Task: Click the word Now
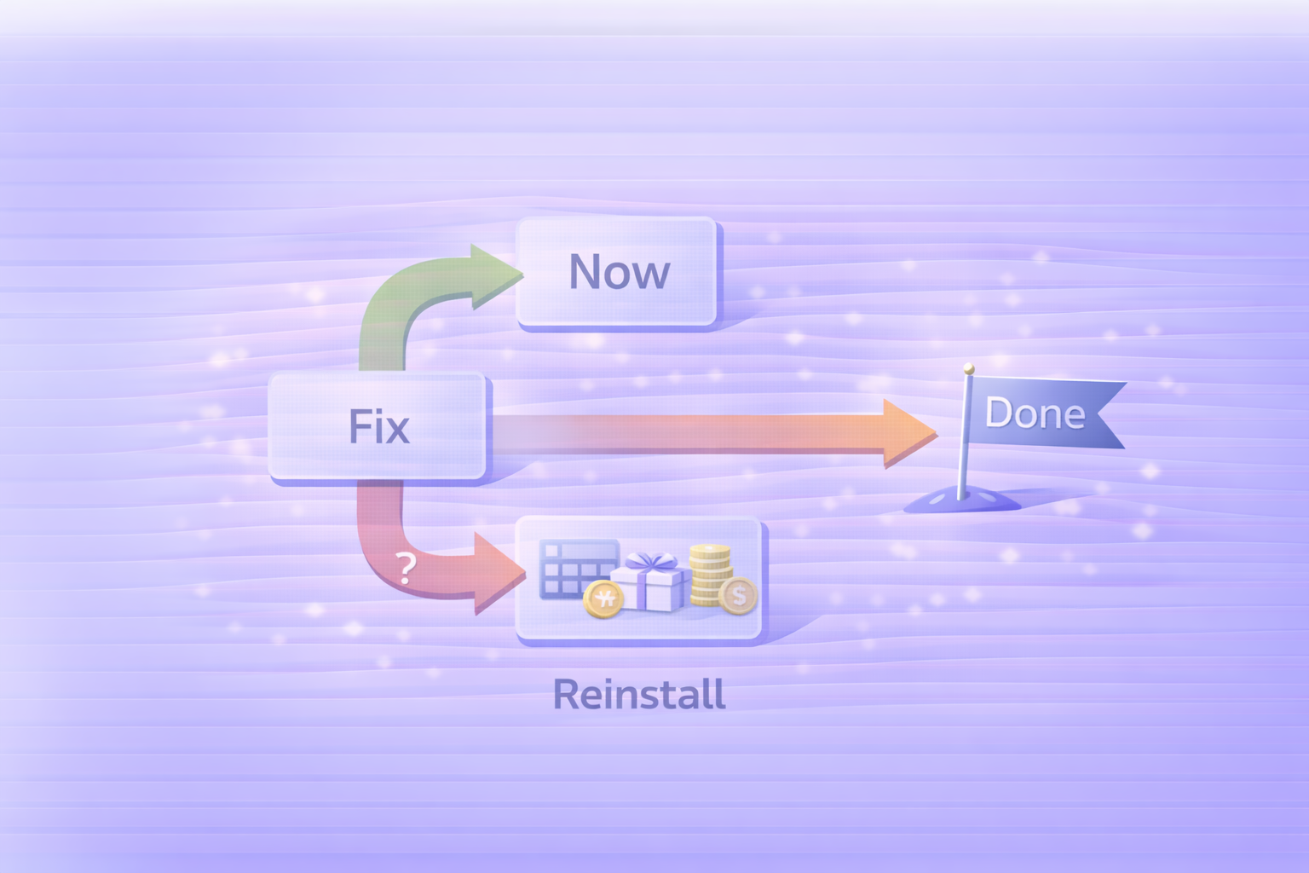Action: coord(620,272)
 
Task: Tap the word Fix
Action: coord(379,426)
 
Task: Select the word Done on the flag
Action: coord(1035,413)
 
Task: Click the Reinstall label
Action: coord(639,694)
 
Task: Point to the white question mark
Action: coord(407,567)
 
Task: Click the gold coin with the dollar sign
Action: coord(737,595)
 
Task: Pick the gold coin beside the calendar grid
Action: coord(603,598)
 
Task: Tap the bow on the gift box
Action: coord(650,562)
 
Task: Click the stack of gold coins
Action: coord(710,575)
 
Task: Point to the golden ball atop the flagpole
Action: coord(968,368)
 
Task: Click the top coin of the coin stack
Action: coord(710,552)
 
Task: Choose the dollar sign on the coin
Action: coord(738,595)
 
